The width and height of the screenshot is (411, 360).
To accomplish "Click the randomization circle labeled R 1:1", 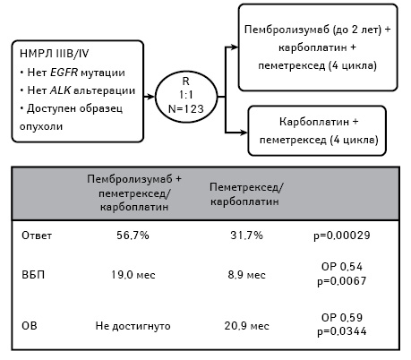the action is click(155, 97).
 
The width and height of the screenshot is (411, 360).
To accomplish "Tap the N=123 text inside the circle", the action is click(186, 109).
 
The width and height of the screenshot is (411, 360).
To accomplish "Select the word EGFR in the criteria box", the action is click(64, 73).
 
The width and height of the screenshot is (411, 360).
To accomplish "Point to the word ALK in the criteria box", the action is click(60, 90).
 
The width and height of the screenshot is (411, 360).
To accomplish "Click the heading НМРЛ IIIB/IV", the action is click(55, 54).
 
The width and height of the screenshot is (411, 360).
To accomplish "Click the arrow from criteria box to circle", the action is click(149, 97).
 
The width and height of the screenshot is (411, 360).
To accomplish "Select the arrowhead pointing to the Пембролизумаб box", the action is click(235, 47).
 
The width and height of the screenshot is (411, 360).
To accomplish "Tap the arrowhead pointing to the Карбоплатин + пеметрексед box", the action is click(244, 133).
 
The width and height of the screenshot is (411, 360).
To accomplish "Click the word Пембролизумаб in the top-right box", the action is click(287, 30).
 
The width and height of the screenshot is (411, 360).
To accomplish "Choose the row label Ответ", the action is click(37, 236).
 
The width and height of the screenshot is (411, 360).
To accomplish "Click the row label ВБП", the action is click(33, 275).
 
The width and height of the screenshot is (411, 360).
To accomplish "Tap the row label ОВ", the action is click(30, 326).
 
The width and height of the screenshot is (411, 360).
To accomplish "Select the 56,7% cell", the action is click(133, 236).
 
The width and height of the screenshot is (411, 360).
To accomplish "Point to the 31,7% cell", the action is click(246, 236).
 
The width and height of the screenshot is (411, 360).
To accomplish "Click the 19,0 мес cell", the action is click(133, 275).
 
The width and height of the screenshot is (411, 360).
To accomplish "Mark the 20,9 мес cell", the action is click(246, 326).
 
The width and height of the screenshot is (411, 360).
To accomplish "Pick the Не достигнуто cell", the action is click(133, 326).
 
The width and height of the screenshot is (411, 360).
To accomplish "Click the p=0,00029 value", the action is click(342, 236).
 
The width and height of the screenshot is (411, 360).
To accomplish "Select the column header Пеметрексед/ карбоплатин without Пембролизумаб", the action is click(246, 194).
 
